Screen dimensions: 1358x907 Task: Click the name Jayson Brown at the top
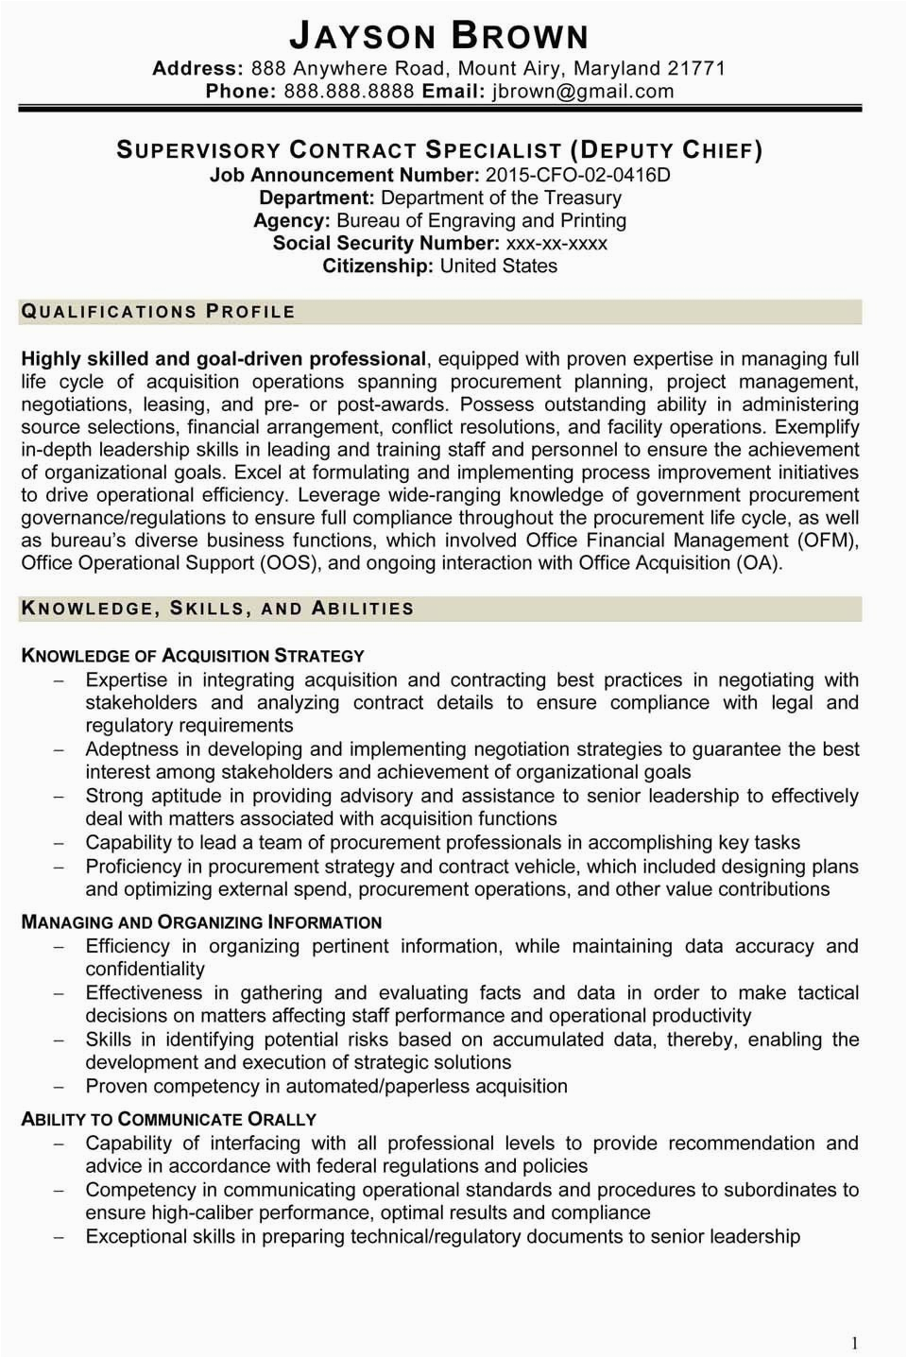(439, 37)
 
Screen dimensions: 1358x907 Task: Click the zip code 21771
(696, 68)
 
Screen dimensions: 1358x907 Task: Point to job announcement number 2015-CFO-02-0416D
(576, 175)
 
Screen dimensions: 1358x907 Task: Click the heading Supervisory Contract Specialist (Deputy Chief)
(439, 150)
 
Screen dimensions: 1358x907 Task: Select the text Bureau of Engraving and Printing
(481, 220)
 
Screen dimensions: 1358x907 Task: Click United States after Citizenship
(498, 266)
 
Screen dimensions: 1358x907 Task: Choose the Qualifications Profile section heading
(158, 312)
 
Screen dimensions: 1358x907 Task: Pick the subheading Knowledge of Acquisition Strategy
(193, 656)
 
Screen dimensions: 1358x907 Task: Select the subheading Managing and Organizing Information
(201, 922)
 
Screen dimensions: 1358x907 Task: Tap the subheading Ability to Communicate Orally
(168, 1119)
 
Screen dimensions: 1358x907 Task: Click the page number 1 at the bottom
(854, 1342)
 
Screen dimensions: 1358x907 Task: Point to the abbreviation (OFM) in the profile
(828, 541)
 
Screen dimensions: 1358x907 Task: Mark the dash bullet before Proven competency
(59, 1087)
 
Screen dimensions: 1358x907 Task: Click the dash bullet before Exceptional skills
(59, 1237)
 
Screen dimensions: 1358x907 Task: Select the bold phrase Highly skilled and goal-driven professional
(224, 359)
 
